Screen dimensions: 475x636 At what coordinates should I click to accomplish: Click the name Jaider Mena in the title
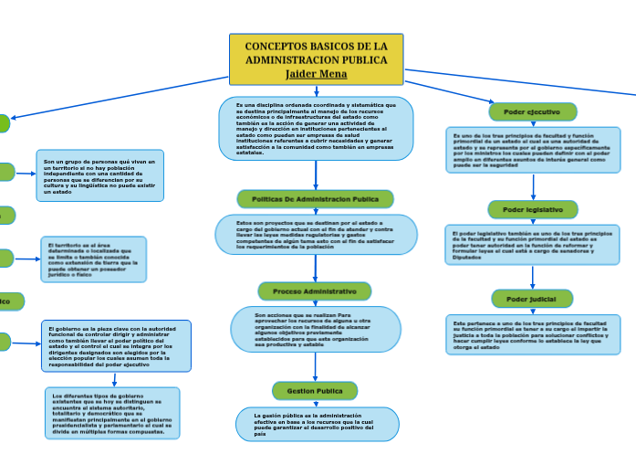(316, 74)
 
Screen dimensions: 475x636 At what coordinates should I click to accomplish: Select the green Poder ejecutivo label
(533, 111)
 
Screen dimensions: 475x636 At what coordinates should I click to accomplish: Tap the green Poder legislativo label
(532, 209)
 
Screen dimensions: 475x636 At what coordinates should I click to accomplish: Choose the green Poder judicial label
(532, 299)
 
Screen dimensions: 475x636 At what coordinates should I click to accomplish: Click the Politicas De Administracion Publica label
(315, 199)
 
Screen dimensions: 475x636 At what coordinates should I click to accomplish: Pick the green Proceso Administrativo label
(315, 291)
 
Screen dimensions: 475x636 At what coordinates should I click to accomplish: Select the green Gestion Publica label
(315, 391)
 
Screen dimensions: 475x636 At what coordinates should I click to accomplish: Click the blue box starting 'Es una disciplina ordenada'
(316, 129)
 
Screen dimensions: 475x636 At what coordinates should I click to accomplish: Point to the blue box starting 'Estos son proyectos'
(315, 235)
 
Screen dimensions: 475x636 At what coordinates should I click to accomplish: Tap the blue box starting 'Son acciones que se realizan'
(315, 330)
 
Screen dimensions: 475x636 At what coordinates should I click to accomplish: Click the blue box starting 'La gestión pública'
(315, 424)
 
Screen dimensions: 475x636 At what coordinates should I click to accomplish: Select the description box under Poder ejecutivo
(534, 150)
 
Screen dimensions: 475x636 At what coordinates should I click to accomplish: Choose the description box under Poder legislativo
(533, 246)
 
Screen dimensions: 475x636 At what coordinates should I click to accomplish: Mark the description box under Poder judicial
(534, 335)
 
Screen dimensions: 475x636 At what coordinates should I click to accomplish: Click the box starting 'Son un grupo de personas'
(100, 175)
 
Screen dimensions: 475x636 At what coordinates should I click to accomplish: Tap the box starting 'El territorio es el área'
(93, 259)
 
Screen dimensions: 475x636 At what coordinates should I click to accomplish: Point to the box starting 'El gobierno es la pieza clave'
(116, 345)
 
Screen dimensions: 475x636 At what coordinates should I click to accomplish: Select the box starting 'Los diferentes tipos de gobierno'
(112, 413)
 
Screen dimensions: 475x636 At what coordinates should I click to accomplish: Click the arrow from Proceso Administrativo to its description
(316, 303)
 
